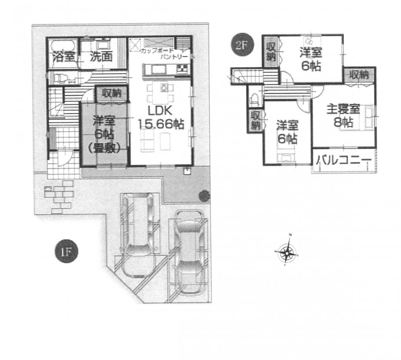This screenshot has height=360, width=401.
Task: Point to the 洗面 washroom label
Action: [101, 57]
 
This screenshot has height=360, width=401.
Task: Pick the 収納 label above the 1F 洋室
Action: [112, 93]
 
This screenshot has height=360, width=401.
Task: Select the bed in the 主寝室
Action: [367, 116]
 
